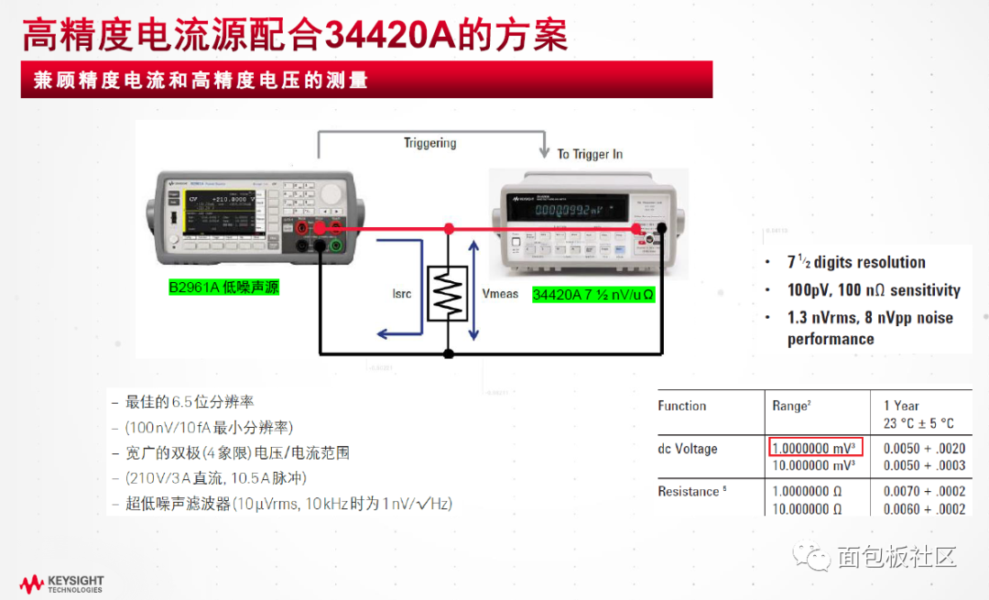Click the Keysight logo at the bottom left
[x=62, y=584]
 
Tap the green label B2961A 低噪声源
[x=223, y=287]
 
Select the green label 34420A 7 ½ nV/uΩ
[x=593, y=295]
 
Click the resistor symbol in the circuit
[x=448, y=293]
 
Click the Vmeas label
[x=500, y=294]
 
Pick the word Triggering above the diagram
[x=429, y=143]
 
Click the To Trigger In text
[x=590, y=154]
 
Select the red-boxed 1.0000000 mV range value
[x=814, y=449]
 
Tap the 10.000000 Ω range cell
[x=807, y=509]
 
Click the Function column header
[x=682, y=406]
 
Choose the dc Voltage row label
[x=687, y=449]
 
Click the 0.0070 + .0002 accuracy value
[x=924, y=492]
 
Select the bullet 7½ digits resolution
[x=856, y=262]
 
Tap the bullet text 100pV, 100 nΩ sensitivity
[x=874, y=290]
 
